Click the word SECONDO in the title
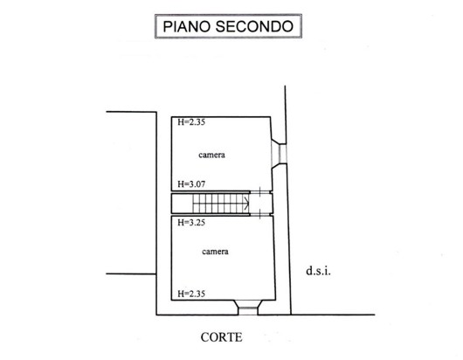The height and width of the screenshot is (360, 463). [254, 26]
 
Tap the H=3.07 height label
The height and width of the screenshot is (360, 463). [191, 184]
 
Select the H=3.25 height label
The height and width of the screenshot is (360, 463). [191, 223]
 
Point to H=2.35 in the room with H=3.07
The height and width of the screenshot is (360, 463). [191, 122]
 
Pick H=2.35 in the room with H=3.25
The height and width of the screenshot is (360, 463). [191, 294]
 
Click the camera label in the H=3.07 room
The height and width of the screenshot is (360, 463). [211, 155]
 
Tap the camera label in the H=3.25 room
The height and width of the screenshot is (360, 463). [215, 252]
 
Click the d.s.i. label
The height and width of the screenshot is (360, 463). [318, 271]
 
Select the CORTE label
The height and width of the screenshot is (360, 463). [222, 337]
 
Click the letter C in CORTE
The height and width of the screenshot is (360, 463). [204, 337]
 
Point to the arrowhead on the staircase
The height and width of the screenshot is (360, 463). [246, 204]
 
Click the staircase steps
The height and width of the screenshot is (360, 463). [221, 204]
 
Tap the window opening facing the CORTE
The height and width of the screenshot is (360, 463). [248, 308]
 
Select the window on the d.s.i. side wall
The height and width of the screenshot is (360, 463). [279, 154]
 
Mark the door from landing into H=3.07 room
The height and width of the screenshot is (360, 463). [260, 192]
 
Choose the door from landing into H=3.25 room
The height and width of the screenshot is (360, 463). [260, 214]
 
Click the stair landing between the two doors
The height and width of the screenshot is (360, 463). [260, 204]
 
